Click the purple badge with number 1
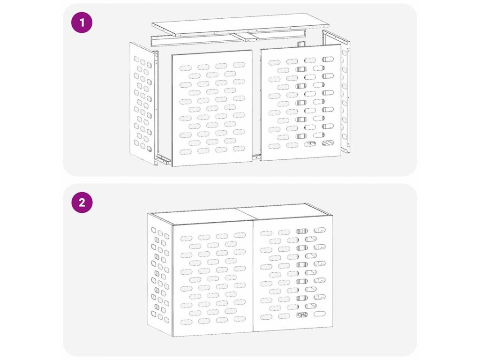click(82, 22)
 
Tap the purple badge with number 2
click(82, 202)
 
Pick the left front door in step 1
click(212, 108)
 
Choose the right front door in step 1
click(300, 102)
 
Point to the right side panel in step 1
click(336, 92)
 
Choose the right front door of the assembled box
click(293, 273)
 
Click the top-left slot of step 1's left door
click(186, 67)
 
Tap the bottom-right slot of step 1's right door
click(328, 142)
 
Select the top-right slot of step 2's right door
click(320, 230)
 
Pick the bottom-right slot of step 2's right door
click(320, 314)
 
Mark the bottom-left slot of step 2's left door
click(187, 322)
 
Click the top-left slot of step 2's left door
click(187, 238)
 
